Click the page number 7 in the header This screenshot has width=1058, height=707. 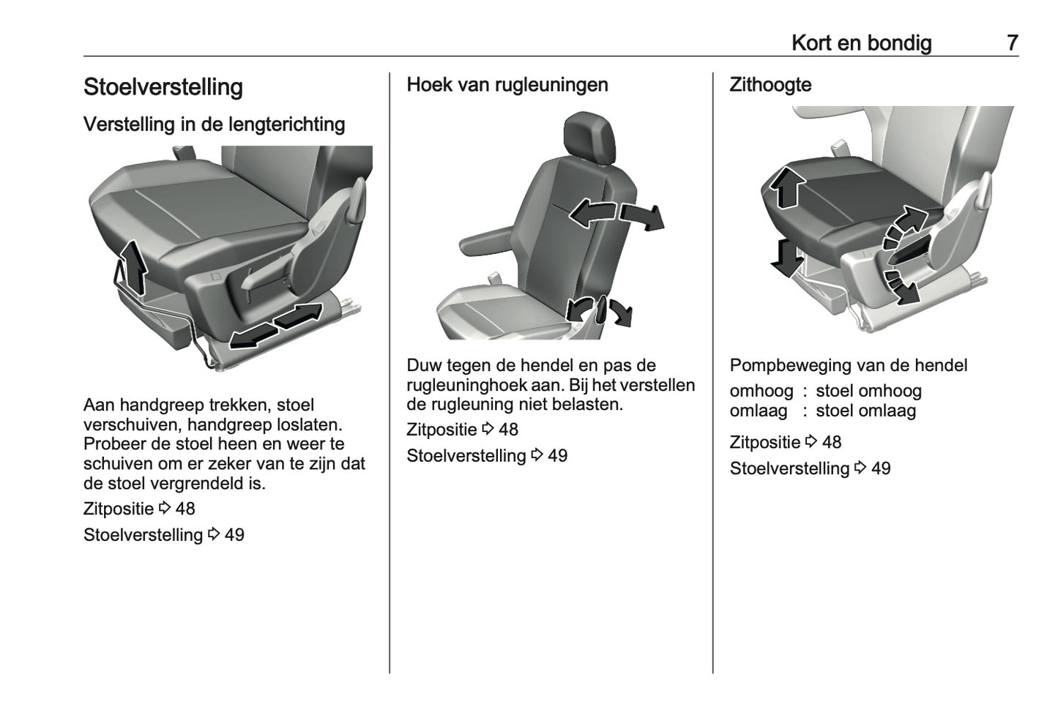coord(1012,43)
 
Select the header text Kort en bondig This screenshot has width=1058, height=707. coord(861,43)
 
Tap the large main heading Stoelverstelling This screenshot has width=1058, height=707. coord(163,87)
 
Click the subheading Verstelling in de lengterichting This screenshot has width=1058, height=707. coord(214,124)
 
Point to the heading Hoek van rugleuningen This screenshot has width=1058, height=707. coord(507,85)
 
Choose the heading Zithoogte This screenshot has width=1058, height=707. coord(770,85)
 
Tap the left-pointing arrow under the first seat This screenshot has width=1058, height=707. coord(251,336)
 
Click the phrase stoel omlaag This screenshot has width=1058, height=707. coord(865,411)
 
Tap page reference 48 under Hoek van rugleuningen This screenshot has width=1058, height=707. coord(508,430)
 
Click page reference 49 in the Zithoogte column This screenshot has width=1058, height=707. coord(881,468)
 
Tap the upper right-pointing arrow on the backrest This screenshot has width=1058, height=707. coord(642,217)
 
